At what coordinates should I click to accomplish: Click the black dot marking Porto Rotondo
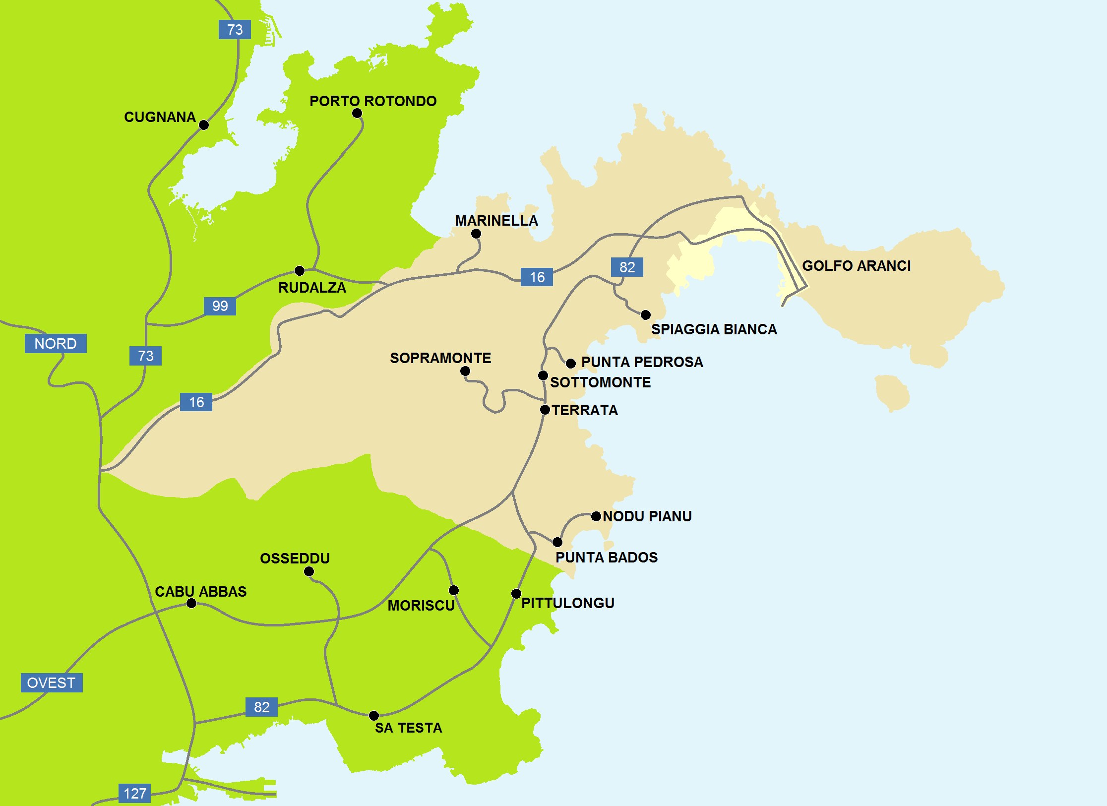(357, 113)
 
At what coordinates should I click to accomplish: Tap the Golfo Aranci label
(856, 266)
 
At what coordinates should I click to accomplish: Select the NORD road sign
(56, 343)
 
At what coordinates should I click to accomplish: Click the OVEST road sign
(51, 682)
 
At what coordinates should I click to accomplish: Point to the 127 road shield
(134, 793)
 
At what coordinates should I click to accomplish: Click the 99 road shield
(220, 306)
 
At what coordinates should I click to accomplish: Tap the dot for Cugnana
(204, 125)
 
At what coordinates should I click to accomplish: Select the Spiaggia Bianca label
(714, 329)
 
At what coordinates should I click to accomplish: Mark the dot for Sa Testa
(374, 715)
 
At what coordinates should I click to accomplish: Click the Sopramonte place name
(440, 358)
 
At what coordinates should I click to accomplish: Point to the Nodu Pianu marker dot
(596, 516)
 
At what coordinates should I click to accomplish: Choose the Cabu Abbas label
(200, 592)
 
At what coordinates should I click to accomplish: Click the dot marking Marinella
(476, 234)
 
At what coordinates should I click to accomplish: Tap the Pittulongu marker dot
(516, 594)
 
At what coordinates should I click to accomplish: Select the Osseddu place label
(295, 558)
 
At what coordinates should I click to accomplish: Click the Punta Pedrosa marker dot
(571, 364)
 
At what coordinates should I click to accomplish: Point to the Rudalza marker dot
(300, 271)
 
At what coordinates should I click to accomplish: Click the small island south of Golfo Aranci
(892, 392)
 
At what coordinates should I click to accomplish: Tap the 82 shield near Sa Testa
(261, 707)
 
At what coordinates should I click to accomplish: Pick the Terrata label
(585, 410)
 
